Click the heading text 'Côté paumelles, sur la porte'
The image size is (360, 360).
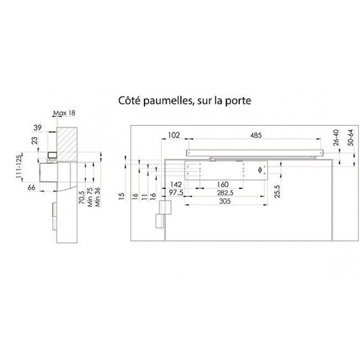(184, 101)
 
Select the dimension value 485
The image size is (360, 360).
(255, 135)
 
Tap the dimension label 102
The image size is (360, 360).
(174, 135)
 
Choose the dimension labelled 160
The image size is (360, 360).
(223, 184)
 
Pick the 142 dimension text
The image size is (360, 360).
(176, 184)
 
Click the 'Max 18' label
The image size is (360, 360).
(64, 113)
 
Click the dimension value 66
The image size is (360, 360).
(33, 189)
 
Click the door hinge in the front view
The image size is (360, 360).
(163, 213)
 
